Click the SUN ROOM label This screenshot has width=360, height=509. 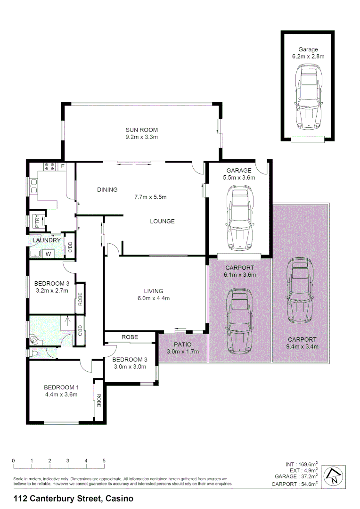[141, 130]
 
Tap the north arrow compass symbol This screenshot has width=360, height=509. [334, 476]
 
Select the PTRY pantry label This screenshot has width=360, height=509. [38, 221]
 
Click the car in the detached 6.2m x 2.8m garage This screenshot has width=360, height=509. [308, 98]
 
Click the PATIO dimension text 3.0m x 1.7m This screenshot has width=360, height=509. [183, 352]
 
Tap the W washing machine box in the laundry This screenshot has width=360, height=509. [48, 254]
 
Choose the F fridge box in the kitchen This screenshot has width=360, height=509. [62, 166]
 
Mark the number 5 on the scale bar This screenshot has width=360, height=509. [104, 460]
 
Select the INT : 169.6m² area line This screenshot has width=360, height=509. [302, 463]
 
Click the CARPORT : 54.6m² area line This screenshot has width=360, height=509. [295, 484]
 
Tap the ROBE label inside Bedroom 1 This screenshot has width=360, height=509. [99, 400]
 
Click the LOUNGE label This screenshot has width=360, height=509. [162, 221]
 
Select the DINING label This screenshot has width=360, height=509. [107, 190]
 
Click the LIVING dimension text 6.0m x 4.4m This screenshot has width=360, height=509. [154, 298]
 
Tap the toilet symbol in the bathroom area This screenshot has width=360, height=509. [34, 353]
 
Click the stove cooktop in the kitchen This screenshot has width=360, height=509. [49, 166]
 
